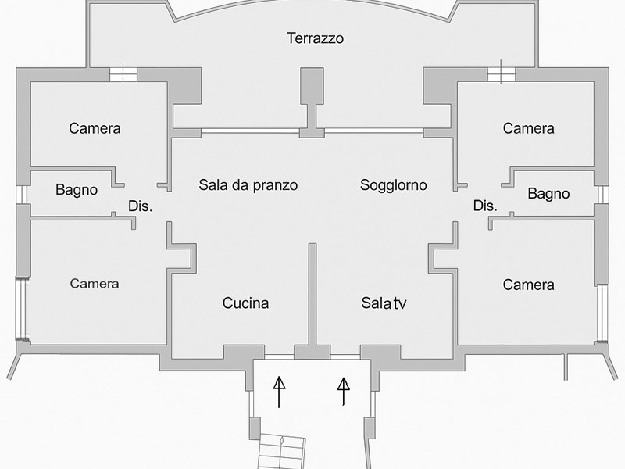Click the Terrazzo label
[x=315, y=38]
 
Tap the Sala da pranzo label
[x=248, y=185]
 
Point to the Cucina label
[x=245, y=303]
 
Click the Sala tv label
[x=384, y=303]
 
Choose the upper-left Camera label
[x=95, y=128]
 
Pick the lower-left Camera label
[x=95, y=283]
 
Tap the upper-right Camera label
[x=528, y=128]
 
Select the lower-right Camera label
[x=528, y=285]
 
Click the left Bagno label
[x=77, y=189]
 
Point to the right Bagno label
[x=548, y=194]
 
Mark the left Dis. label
[x=140, y=207]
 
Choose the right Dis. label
[x=485, y=206]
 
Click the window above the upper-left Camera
[x=123, y=74]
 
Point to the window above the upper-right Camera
[x=501, y=74]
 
